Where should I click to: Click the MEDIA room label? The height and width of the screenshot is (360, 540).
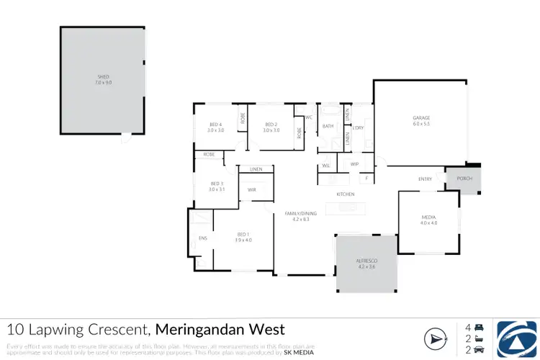[428, 220]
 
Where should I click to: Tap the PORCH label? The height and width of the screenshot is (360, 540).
[459, 179]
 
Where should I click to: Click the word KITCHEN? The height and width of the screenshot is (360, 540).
[346, 194]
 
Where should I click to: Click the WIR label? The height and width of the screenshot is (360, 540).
[251, 189]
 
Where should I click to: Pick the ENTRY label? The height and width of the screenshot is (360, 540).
[425, 179]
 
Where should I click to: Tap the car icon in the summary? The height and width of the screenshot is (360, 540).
[480, 351]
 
